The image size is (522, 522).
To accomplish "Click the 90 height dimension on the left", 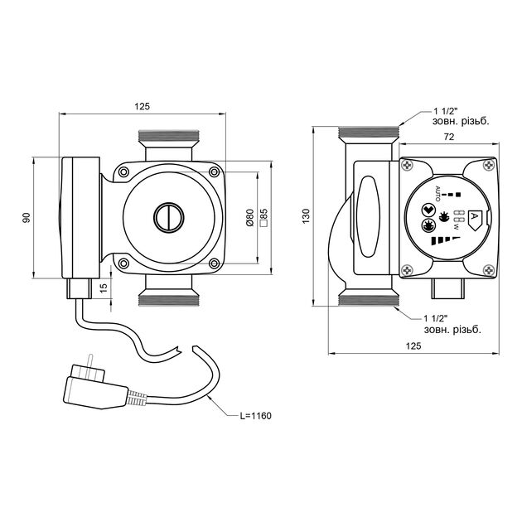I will point(27,217).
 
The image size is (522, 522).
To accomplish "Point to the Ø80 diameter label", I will point(249,218).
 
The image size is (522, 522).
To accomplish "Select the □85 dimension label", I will point(263,218).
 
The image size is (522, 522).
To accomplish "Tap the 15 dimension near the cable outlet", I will point(103,287).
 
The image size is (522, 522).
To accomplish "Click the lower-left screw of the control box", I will point(407,269).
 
